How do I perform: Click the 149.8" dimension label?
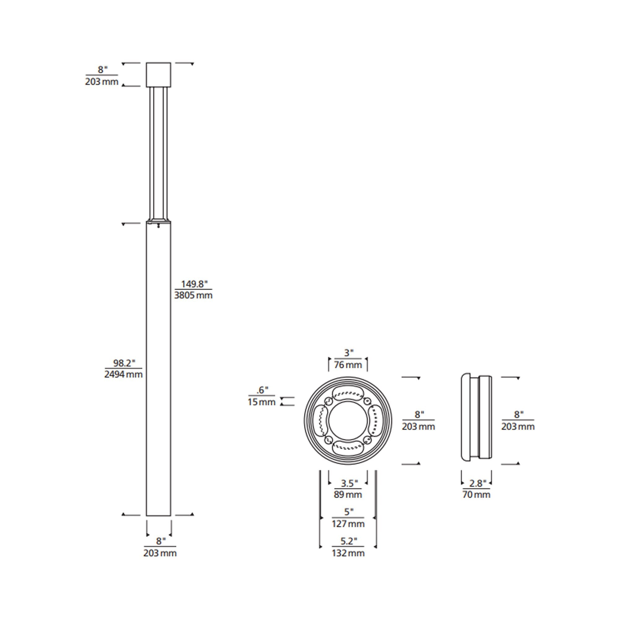click(x=194, y=284)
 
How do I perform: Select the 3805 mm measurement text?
click(x=193, y=295)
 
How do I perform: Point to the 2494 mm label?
click(x=123, y=374)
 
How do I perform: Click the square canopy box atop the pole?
click(x=158, y=75)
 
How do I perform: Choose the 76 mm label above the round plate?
click(x=348, y=365)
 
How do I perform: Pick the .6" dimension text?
click(x=262, y=390)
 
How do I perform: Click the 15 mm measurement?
click(x=262, y=402)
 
